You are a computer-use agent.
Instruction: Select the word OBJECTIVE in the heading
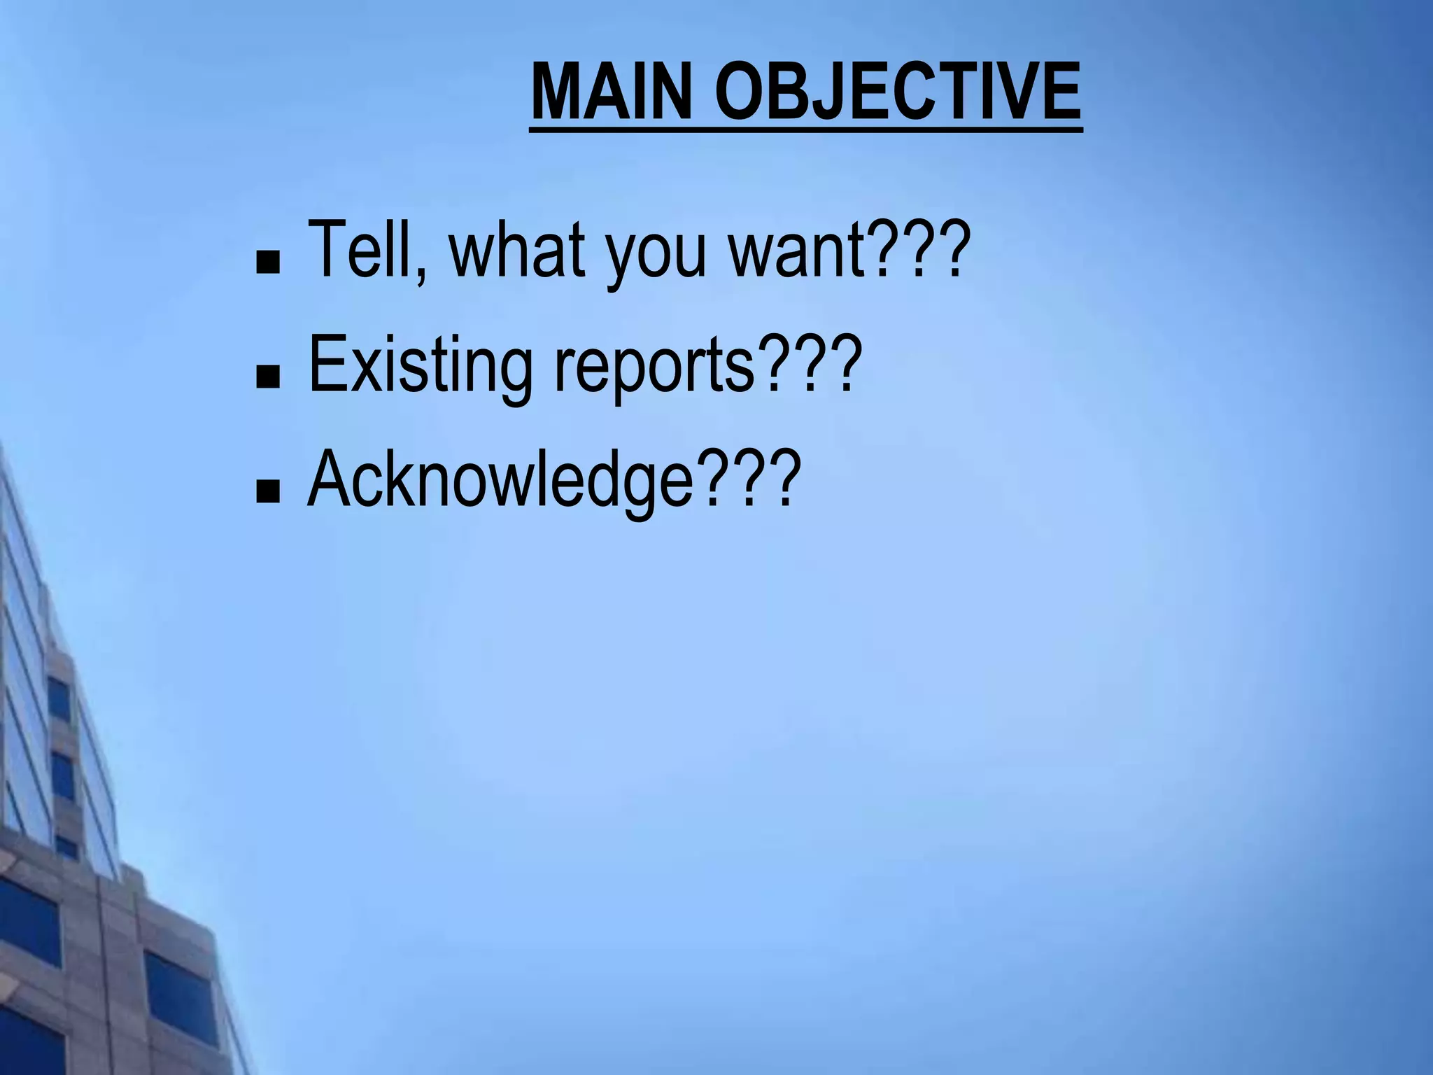898,92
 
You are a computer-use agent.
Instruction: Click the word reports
654,370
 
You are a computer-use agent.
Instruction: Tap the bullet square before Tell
267,263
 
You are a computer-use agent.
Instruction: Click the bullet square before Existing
267,378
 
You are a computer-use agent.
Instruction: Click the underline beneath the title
805,129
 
